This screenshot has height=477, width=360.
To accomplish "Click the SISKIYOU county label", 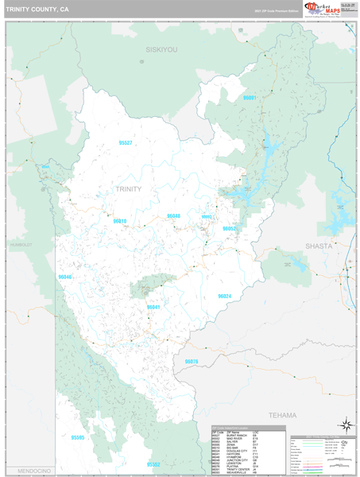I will (161, 49).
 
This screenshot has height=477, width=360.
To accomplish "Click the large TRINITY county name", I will (128, 189).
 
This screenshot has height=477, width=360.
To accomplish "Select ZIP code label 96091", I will (250, 97).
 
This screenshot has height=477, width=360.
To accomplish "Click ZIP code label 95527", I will (125, 142).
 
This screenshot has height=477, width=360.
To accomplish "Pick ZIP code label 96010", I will (120, 221).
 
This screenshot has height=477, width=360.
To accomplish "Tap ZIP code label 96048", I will (173, 215).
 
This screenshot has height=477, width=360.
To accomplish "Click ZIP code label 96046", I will (65, 277).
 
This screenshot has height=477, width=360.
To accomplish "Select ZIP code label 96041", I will (153, 307).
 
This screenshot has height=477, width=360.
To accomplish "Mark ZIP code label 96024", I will (224, 296).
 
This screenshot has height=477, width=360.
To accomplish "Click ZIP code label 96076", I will (191, 362).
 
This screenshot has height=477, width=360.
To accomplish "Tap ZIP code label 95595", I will (77, 437).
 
